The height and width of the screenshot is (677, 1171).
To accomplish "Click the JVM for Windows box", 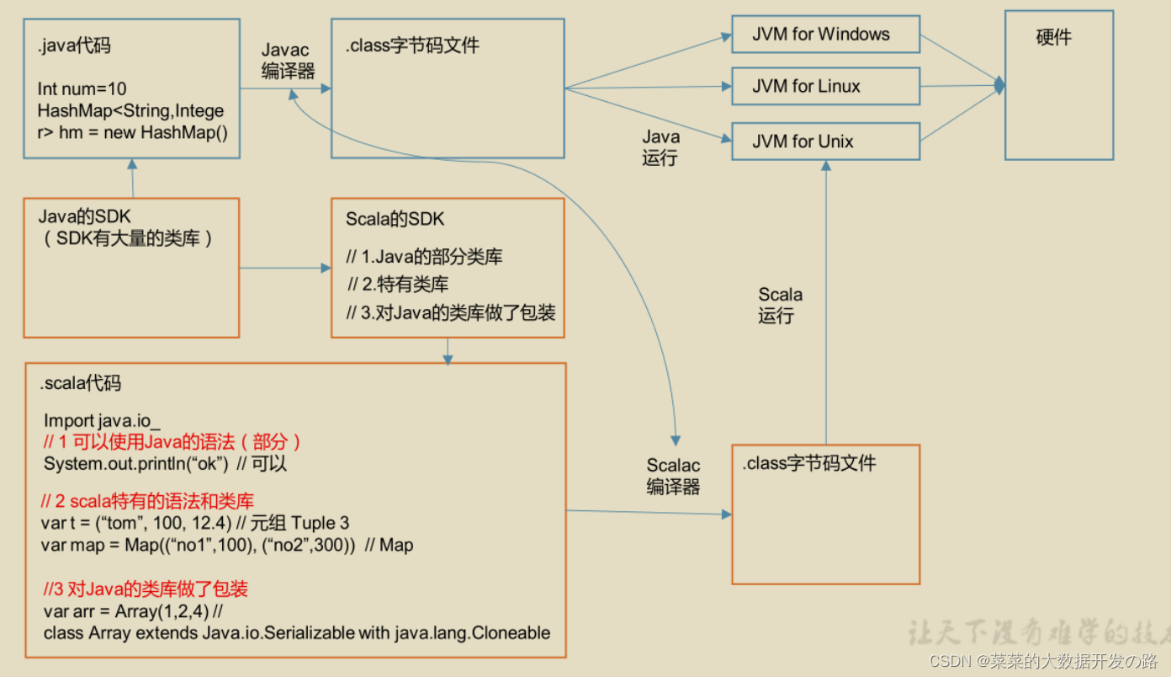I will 824,35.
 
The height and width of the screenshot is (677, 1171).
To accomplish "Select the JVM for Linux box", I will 824,87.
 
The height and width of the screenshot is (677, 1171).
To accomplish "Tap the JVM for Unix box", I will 824,141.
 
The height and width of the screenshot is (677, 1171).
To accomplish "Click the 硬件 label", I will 1053,38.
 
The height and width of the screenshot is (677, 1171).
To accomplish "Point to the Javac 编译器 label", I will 287,61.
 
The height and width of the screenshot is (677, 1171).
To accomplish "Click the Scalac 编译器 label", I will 673,476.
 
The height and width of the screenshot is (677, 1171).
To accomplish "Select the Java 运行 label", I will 660,147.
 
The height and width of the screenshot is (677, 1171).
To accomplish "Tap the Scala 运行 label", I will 780,305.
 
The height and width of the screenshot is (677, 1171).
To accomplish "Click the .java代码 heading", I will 74,45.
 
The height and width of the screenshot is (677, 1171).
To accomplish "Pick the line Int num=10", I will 82,88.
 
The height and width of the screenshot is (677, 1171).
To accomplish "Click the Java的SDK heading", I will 85,217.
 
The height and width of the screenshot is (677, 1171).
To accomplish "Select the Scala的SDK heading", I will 395,219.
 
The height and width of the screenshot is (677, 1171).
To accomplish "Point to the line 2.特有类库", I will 398,285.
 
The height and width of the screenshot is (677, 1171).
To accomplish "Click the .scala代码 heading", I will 80,384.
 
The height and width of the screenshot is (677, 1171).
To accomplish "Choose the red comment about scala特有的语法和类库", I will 147,502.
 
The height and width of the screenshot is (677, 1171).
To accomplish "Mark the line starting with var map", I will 226,545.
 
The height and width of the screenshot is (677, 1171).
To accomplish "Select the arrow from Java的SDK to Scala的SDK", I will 285,269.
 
